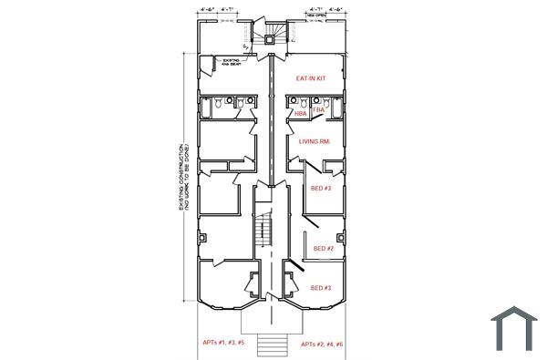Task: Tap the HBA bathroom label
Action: pyautogui.click(x=300, y=114)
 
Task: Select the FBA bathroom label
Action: pyautogui.click(x=318, y=109)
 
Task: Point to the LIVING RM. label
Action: pyautogui.click(x=314, y=142)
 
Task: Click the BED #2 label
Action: pyautogui.click(x=324, y=248)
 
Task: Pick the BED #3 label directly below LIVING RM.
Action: pyautogui.click(x=320, y=188)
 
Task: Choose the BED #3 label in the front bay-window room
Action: pyautogui.click(x=320, y=288)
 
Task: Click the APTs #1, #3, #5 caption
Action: pyautogui.click(x=223, y=344)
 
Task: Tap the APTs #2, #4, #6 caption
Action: pyautogui.click(x=322, y=344)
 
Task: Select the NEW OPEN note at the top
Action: pyautogui.click(x=317, y=15)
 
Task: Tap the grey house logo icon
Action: pyautogui.click(x=513, y=328)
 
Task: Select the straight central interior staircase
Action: pyautogui.click(x=263, y=230)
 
